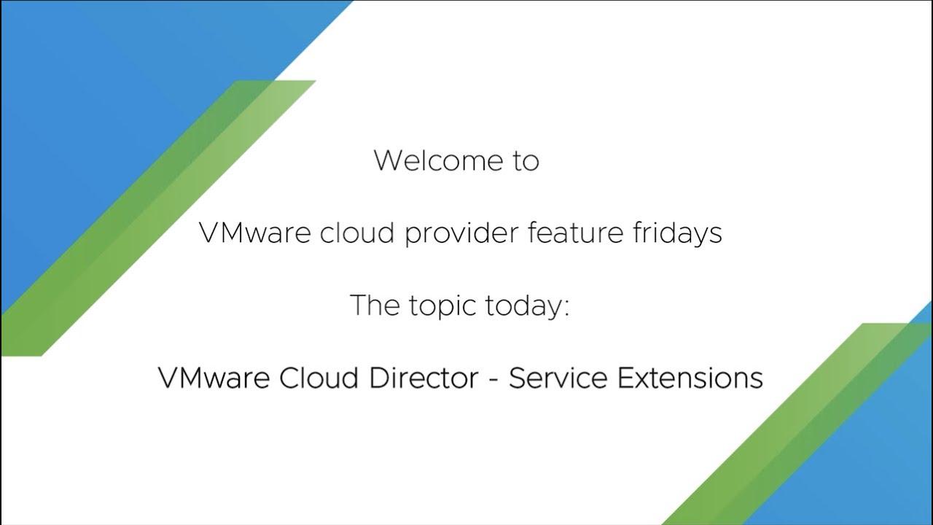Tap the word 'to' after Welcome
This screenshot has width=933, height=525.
point(526,161)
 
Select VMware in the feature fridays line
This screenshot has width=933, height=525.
point(254,233)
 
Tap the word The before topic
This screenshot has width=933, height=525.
point(375,305)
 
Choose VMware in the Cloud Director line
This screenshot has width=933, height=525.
point(214,378)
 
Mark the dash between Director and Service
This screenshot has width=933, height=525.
point(493,380)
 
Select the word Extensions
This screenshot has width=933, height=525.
point(690,378)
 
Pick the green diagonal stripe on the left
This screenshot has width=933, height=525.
point(158,218)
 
